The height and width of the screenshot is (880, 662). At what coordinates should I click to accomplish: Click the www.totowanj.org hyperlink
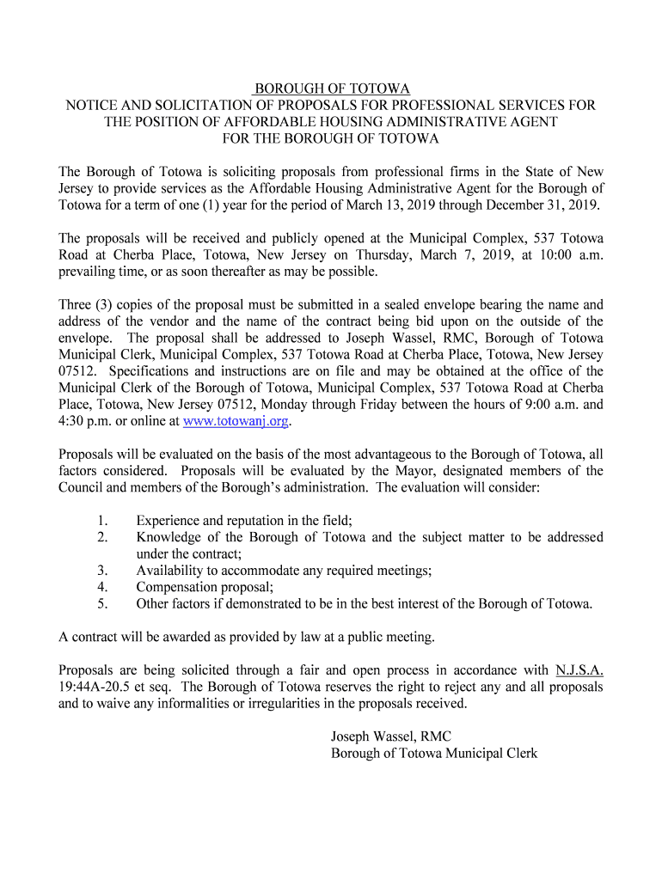pyautogui.click(x=237, y=421)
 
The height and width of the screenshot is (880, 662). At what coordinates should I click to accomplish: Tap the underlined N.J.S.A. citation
pyautogui.click(x=579, y=669)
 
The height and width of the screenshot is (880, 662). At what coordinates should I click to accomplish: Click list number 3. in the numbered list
pyautogui.click(x=101, y=571)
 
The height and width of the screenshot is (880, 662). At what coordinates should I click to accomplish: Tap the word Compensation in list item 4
pyautogui.click(x=178, y=587)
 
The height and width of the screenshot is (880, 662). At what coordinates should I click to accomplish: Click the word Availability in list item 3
pyautogui.click(x=169, y=571)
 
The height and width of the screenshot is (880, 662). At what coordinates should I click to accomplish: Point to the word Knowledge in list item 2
pyautogui.click(x=169, y=537)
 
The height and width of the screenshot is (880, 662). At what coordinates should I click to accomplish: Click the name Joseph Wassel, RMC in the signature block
pyautogui.click(x=391, y=736)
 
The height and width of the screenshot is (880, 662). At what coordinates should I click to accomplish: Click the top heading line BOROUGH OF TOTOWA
pyautogui.click(x=331, y=89)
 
